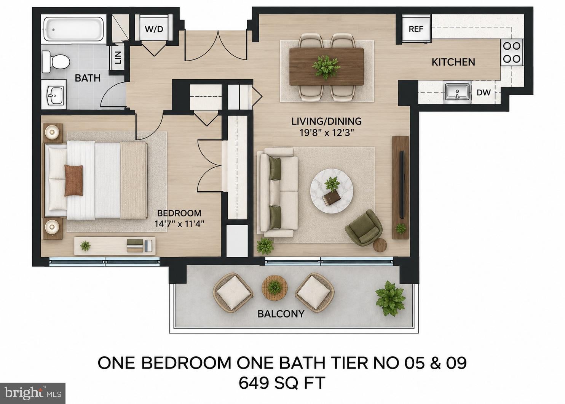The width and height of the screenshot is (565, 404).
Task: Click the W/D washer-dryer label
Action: [x=154, y=29]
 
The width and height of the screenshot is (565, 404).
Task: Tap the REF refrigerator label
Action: [x=416, y=29]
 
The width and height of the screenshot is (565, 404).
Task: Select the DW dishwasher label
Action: [x=484, y=92]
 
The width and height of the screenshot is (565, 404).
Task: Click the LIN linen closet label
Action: [x=118, y=58]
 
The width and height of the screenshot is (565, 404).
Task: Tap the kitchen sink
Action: [x=457, y=92]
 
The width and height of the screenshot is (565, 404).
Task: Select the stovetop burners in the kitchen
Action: [x=512, y=53]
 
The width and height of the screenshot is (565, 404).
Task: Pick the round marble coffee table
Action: [x=332, y=192]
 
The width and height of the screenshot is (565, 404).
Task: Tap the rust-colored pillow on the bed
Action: [x=73, y=180]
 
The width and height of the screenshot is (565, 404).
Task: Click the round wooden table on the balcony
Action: [x=275, y=288]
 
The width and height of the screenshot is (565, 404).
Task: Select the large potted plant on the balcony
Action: [x=390, y=298]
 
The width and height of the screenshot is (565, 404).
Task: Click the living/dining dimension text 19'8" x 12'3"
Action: [x=327, y=133]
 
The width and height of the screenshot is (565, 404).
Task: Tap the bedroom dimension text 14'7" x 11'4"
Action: [x=179, y=224]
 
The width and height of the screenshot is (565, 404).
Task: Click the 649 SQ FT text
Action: [x=282, y=383]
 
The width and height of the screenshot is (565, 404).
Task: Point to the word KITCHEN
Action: [x=453, y=62]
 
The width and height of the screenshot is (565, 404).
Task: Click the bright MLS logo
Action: [x=32, y=393]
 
